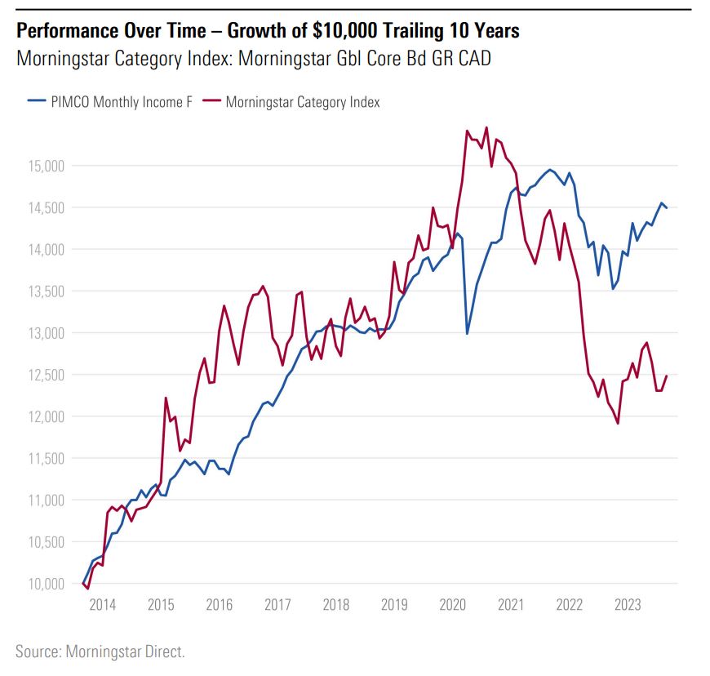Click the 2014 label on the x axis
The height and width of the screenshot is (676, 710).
102,606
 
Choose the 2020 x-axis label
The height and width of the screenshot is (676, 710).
452,606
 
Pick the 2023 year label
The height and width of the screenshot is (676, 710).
627,606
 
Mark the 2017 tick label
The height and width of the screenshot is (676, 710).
277,606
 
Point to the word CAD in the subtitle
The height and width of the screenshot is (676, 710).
473,59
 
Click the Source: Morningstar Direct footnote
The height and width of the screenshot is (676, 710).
100,651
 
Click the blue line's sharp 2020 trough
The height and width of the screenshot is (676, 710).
467,333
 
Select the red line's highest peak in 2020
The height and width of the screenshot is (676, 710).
486,127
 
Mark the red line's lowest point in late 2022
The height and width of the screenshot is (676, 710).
618,423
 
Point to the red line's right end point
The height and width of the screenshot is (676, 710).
667,376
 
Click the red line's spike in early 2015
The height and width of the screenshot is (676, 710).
166,398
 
